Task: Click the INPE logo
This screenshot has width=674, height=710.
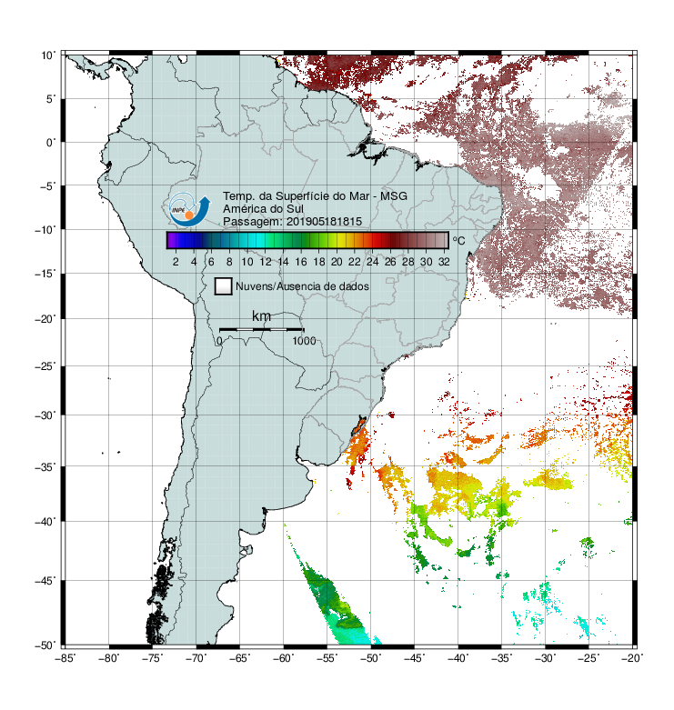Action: (x=189, y=209)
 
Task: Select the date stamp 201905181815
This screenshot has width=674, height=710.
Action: (x=324, y=222)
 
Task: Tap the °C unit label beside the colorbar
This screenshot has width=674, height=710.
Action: (x=458, y=240)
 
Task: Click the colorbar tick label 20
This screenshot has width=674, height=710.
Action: (x=337, y=262)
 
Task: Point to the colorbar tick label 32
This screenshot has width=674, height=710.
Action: (x=444, y=262)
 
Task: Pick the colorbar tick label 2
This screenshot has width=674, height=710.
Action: (x=176, y=262)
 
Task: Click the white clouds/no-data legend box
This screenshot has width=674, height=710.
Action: (x=224, y=286)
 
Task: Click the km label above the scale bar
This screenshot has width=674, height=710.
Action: (x=261, y=316)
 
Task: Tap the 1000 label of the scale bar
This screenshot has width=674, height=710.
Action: (x=304, y=341)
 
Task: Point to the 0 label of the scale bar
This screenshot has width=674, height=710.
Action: (x=219, y=341)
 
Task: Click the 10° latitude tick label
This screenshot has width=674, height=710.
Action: (x=48, y=55)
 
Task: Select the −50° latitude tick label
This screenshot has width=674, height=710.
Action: (x=45, y=645)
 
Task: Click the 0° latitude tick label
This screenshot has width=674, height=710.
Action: (x=51, y=143)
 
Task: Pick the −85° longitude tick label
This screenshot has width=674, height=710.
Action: (x=65, y=658)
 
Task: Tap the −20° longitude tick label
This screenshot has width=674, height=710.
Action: (x=632, y=658)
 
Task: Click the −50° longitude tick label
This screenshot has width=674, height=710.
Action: (x=371, y=658)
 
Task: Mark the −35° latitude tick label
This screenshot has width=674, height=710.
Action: (x=45, y=467)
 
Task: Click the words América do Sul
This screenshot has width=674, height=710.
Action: (x=263, y=209)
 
